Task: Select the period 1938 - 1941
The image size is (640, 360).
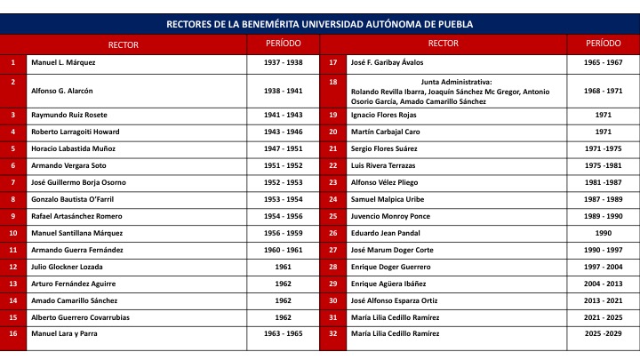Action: click(283, 91)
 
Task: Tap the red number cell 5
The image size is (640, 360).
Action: click(13, 148)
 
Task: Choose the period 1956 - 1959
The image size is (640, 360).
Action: click(283, 233)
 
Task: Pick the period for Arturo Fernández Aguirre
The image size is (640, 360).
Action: click(283, 284)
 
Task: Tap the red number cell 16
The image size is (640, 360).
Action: click(13, 333)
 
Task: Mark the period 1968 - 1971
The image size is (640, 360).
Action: click(604, 91)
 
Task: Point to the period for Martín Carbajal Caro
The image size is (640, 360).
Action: click(604, 132)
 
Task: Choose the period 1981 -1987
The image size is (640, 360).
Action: click(604, 182)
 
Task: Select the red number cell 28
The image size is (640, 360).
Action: click(332, 267)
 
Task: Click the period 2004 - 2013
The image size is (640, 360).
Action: click(604, 284)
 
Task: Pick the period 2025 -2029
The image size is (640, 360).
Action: click(604, 333)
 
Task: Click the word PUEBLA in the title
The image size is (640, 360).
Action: click(453, 24)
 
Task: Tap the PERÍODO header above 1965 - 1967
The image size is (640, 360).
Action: click(604, 43)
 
